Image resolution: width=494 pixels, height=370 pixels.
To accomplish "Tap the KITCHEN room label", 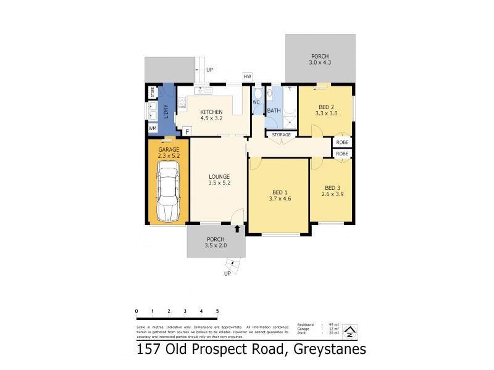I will tap(211, 116).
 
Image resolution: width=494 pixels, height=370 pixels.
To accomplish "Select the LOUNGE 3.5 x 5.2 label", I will tap(219, 179).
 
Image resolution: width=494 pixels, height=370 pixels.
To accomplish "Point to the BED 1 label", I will tap(280, 194).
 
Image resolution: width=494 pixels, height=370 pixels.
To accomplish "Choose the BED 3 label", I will tap(333, 191).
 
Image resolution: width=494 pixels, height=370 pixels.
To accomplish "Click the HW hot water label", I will tap(248, 76).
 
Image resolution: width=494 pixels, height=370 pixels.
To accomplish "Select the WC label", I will tap(256, 103).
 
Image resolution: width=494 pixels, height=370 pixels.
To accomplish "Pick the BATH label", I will tap(274, 111).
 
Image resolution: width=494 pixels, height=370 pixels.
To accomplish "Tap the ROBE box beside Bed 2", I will tap(343, 142).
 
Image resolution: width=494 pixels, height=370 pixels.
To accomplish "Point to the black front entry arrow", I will tap(238, 228).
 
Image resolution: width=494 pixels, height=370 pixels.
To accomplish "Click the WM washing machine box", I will tap(153, 128).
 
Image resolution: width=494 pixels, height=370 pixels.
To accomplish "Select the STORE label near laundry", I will tap(152, 93).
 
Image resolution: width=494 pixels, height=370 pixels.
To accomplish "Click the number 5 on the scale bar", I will tap(217, 311).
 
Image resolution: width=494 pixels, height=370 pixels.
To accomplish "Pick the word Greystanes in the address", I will tap(320, 350).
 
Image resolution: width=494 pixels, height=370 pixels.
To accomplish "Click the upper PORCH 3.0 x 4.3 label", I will tap(320, 59).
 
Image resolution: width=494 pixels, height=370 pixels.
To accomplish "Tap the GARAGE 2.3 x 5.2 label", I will tap(169, 153).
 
